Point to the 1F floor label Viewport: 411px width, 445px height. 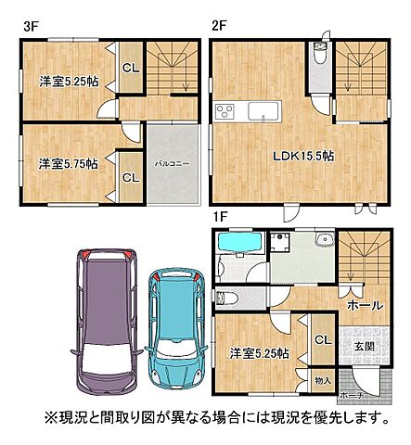[219, 217]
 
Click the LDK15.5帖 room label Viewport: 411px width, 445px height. [302, 156]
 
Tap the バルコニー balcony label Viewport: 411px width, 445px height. [172, 162]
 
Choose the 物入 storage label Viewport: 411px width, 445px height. [322, 380]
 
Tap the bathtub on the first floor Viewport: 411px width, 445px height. [239, 248]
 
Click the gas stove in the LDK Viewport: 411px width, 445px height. [228, 112]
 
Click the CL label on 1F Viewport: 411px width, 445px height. [322, 341]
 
